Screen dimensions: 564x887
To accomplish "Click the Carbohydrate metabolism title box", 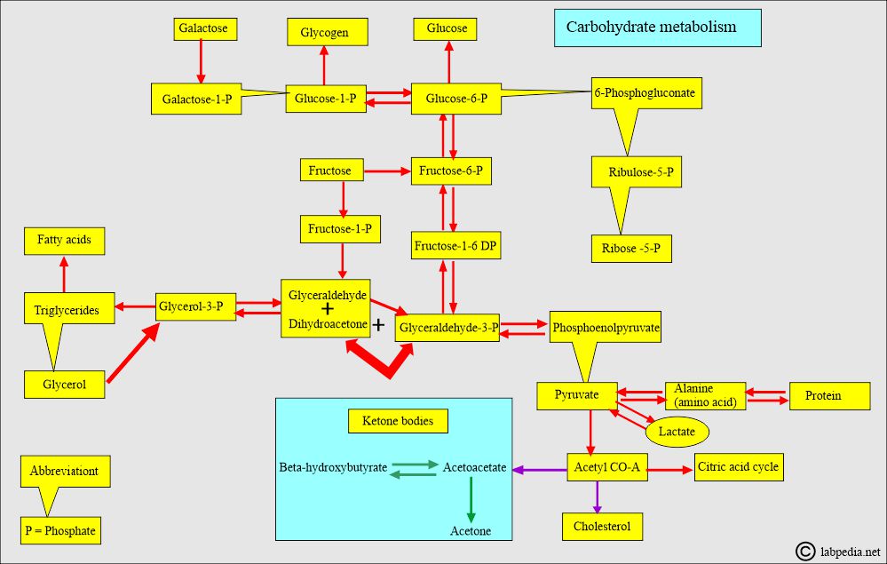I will point(657,28).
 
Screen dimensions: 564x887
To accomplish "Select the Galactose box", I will point(202,28).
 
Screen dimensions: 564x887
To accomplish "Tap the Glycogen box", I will point(323,34).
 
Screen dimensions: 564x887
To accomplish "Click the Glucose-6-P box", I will point(455,99).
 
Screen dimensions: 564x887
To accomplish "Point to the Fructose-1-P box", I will point(341,229).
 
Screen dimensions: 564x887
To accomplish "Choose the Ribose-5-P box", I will point(630,249).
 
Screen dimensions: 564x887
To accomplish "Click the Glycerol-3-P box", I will point(190,307).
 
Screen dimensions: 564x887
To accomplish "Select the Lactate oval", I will point(677,432).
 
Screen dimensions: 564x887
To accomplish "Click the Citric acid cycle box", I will point(739,467).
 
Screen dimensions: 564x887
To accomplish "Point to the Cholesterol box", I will point(602,527).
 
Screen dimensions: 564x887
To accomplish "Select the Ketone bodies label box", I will point(398,421).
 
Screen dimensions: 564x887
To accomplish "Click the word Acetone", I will point(470,531).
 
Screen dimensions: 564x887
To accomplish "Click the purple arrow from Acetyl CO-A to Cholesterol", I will point(598,496).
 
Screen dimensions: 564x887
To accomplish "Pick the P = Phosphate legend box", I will point(59,531).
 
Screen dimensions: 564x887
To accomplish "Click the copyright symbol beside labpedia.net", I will point(805,552).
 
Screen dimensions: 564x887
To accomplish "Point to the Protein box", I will point(822,396).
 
